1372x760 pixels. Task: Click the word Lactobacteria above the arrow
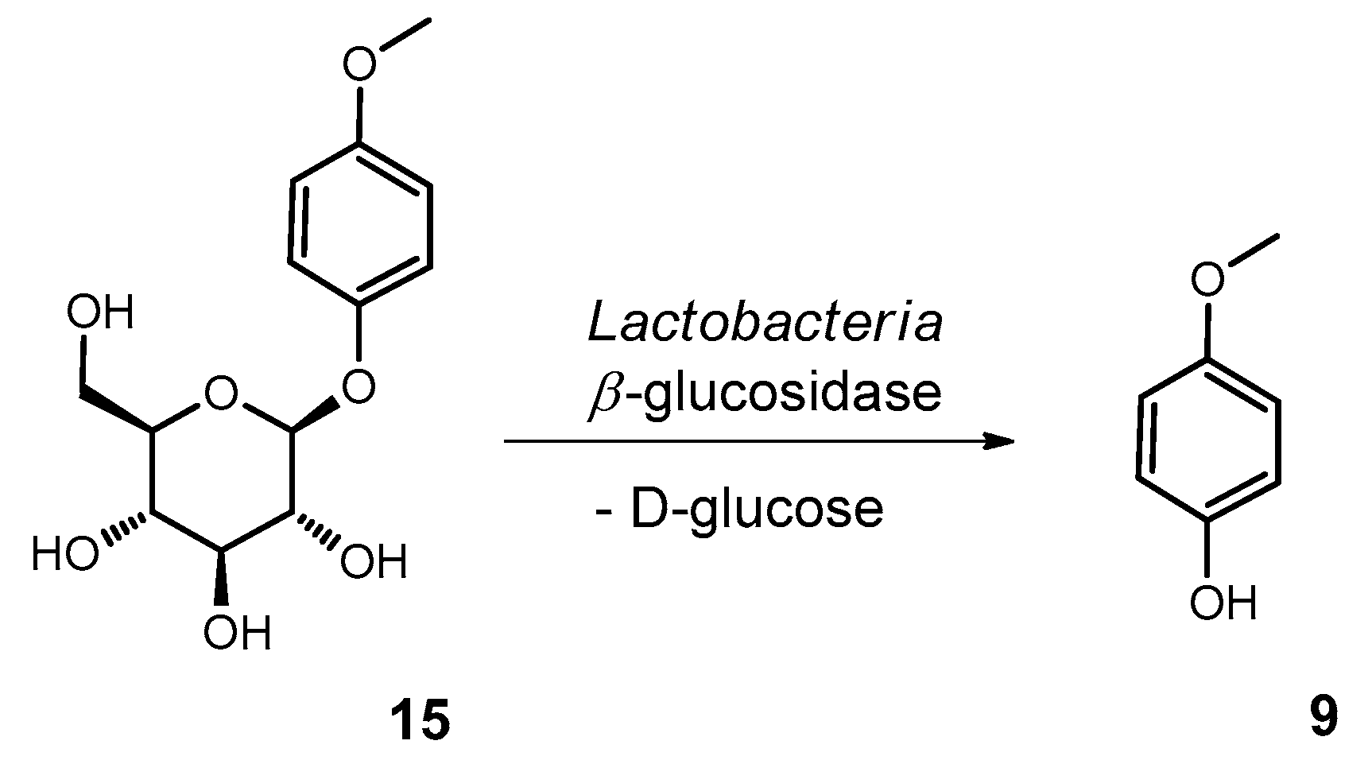point(765,324)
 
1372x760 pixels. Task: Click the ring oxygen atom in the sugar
point(220,394)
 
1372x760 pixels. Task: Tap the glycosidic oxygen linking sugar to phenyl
point(359,387)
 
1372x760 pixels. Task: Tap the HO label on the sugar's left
point(65,553)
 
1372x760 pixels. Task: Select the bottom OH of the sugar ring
point(236,634)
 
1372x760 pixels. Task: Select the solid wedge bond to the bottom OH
point(222,576)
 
